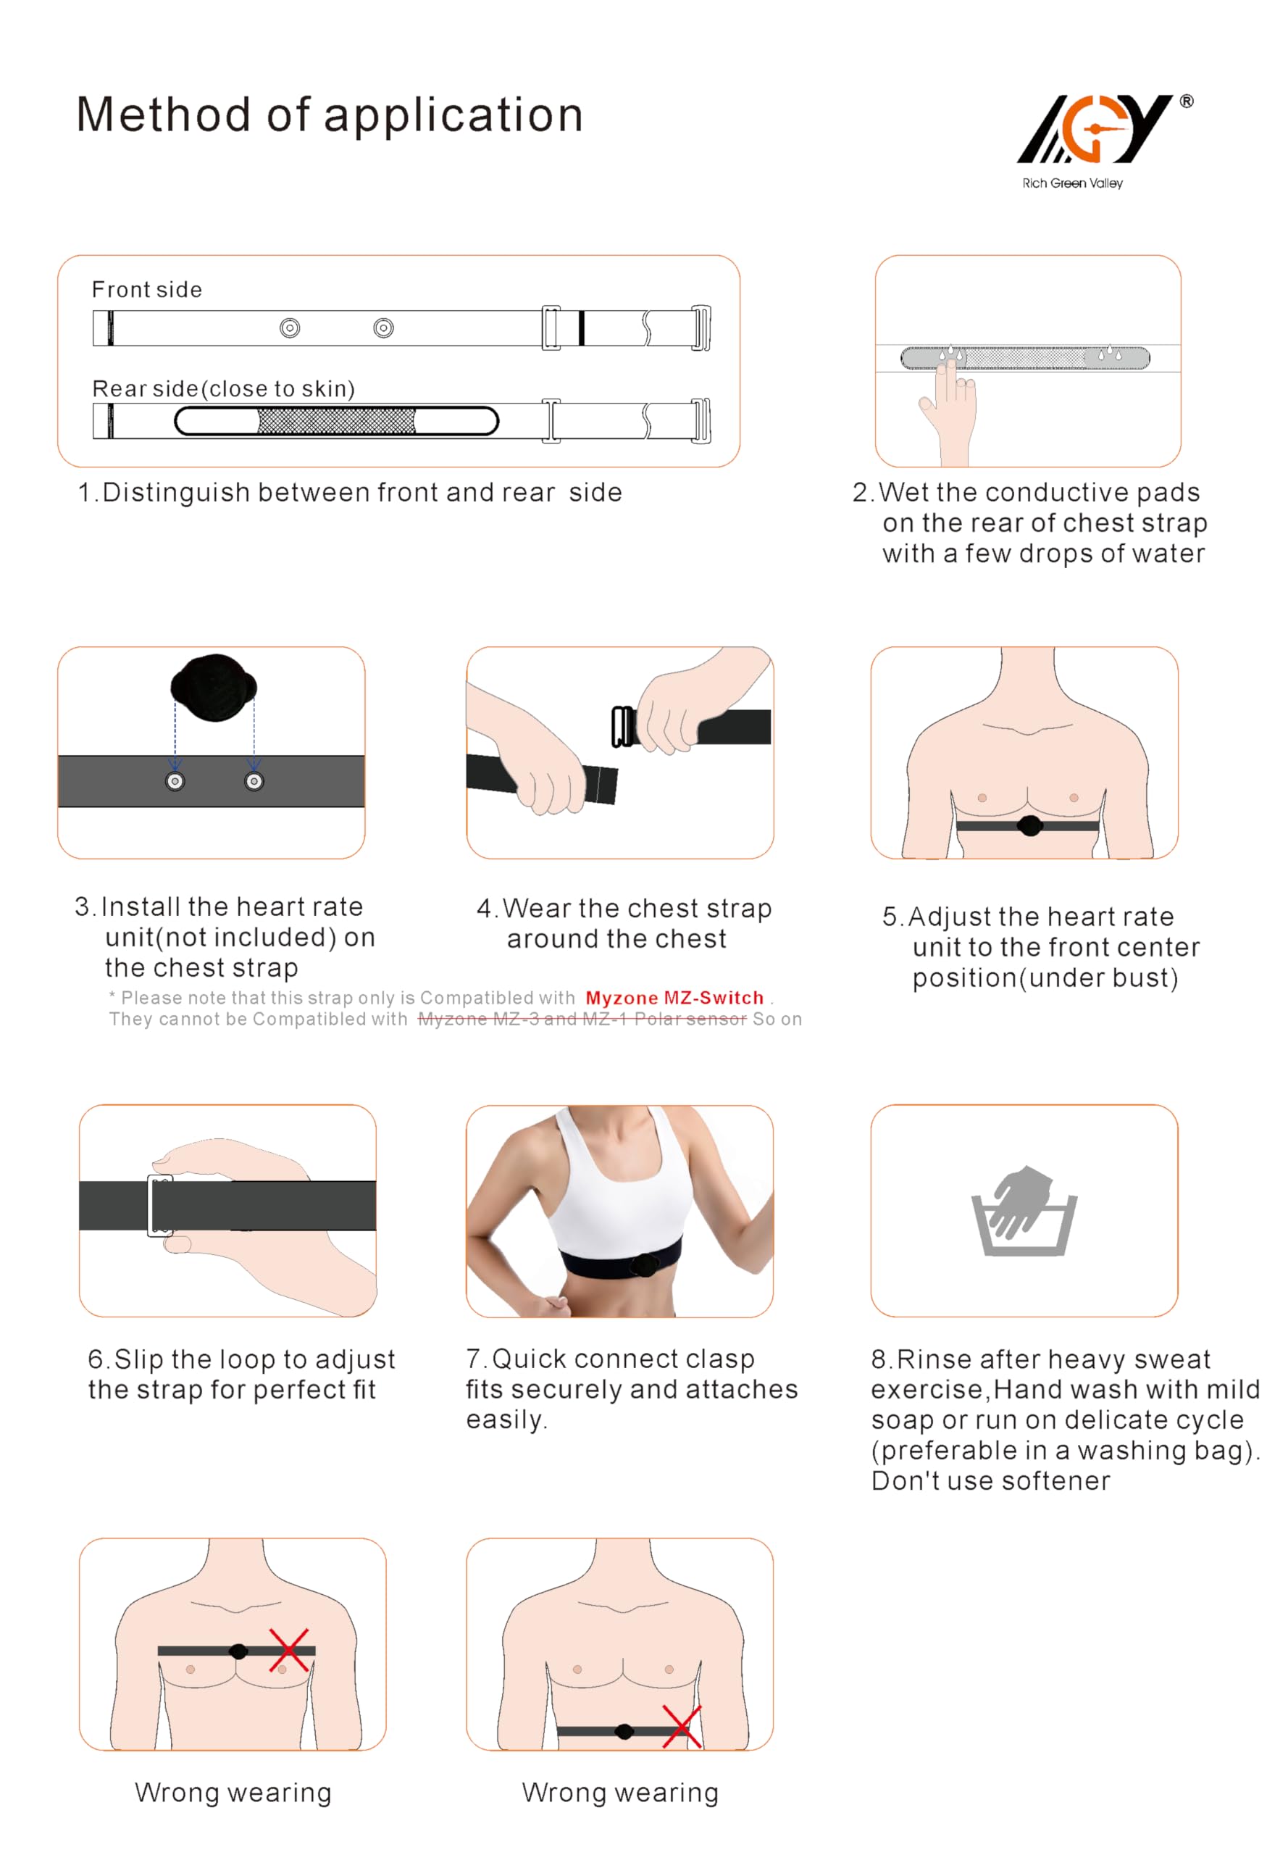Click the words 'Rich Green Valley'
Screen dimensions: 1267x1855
pyautogui.click(x=1072, y=183)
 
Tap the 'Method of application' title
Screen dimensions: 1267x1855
pyautogui.click(x=330, y=114)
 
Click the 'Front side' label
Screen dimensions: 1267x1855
pyautogui.click(x=147, y=290)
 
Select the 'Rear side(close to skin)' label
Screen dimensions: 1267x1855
pyautogui.click(x=223, y=388)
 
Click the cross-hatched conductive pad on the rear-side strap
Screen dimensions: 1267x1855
pyautogui.click(x=336, y=421)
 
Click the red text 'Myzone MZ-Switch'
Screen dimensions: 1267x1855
pyautogui.click(x=674, y=998)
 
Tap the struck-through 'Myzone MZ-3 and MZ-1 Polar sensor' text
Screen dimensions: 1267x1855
pyautogui.click(x=582, y=1020)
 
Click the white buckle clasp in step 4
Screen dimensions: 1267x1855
pyautogui.click(x=623, y=726)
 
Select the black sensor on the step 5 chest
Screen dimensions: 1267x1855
pyautogui.click(x=1029, y=825)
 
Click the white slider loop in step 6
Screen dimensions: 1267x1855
pyautogui.click(x=159, y=1205)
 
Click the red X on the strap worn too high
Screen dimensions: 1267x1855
pyautogui.click(x=289, y=1651)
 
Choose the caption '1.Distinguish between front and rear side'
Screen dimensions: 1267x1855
pyautogui.click(x=349, y=493)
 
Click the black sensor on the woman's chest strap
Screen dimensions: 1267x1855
pyautogui.click(x=643, y=1264)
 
